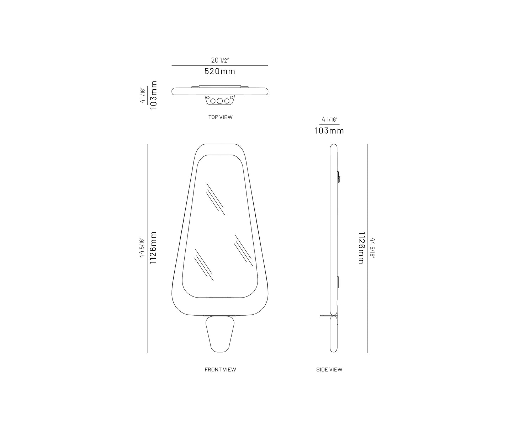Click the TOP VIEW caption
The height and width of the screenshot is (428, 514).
click(220, 117)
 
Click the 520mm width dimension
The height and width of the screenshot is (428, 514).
click(220, 71)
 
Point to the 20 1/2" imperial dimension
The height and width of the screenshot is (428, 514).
click(220, 60)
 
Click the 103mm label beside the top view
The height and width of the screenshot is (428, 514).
click(153, 95)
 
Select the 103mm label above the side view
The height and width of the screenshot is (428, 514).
click(329, 130)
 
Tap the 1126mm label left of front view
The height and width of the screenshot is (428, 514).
click(153, 247)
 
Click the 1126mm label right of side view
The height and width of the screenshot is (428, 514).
click(361, 248)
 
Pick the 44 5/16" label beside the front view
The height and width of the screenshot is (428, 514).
click(142, 247)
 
